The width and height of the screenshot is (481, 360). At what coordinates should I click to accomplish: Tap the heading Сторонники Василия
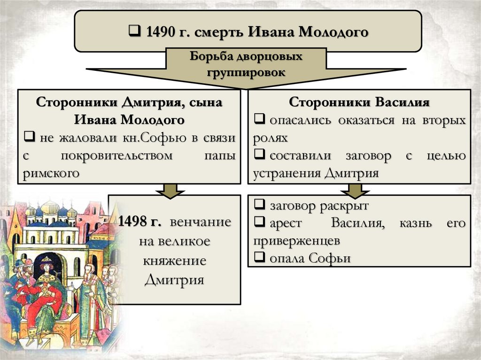359,102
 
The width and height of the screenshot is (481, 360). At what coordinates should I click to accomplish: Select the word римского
50,173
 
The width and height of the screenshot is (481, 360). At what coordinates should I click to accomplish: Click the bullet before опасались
258,120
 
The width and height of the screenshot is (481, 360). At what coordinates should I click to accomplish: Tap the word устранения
287,173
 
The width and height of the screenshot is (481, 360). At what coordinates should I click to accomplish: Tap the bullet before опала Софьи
258,258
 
